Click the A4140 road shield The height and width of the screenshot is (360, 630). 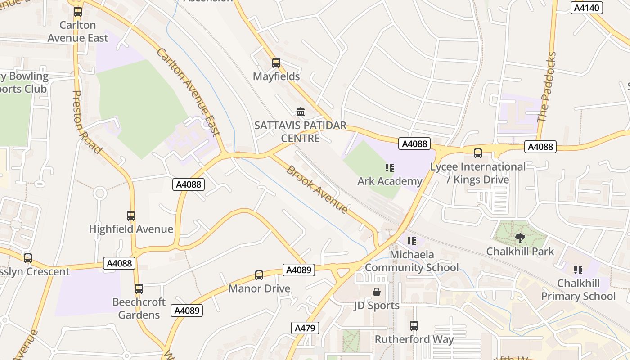tap(587, 8)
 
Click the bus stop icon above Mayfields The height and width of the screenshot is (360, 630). tap(276, 63)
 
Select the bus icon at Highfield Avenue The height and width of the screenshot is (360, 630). tap(131, 216)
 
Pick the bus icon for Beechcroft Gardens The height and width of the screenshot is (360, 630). tap(139, 289)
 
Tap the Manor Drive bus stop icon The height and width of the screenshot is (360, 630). tap(259, 275)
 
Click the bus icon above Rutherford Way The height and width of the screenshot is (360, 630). tap(414, 326)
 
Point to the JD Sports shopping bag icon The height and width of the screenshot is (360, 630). tap(377, 292)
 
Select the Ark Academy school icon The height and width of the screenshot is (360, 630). tap(390, 168)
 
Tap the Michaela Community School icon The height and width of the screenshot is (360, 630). tap(411, 242)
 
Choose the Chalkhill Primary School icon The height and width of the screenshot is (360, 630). tap(578, 270)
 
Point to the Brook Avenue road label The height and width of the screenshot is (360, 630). tap(317, 189)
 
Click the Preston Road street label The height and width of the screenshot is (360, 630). tap(86, 122)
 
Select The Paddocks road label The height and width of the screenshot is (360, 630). tap(547, 87)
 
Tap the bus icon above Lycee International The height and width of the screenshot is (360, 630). tap(478, 153)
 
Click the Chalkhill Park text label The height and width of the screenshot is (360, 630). tap(520, 251)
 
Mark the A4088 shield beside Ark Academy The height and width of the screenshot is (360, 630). tap(414, 144)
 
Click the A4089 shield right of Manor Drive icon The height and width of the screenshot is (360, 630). tap(299, 270)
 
